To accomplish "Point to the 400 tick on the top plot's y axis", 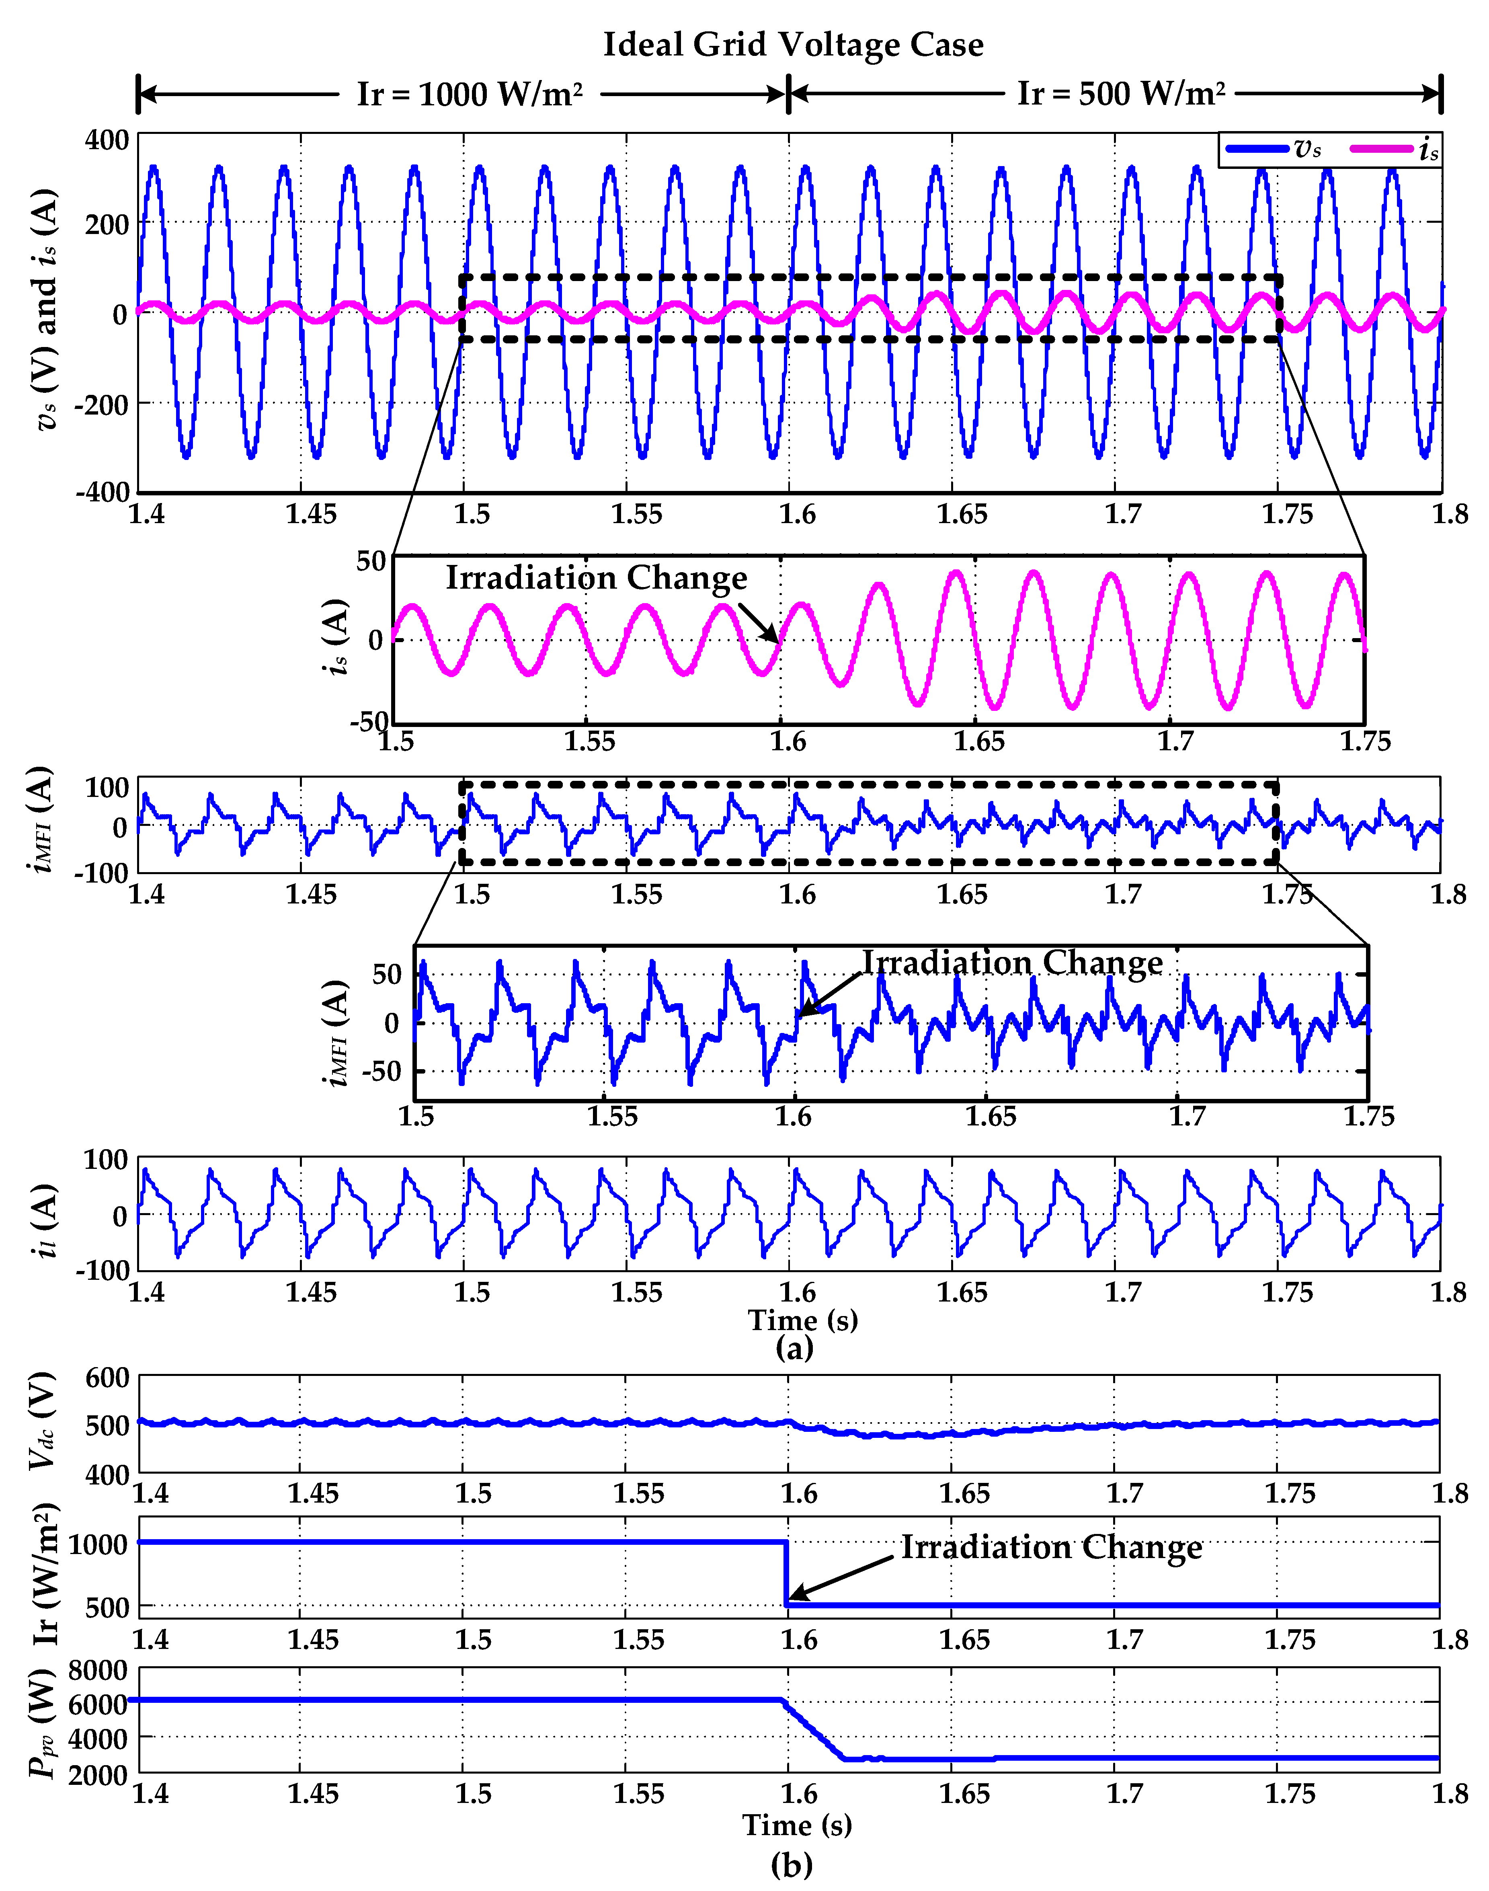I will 107,140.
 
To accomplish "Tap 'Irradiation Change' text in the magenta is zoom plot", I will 596,578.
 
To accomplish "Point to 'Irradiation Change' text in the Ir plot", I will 1051,1547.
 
